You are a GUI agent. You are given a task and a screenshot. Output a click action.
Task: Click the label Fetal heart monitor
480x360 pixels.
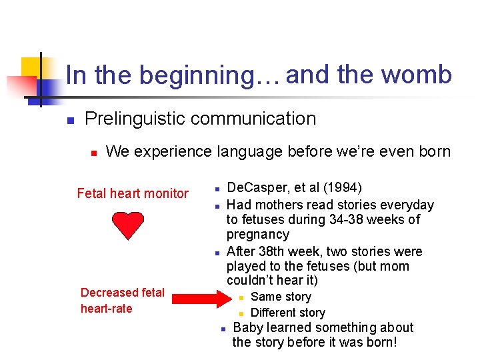click(x=133, y=194)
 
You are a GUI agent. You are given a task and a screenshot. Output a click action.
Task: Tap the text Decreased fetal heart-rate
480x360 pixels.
click(x=122, y=301)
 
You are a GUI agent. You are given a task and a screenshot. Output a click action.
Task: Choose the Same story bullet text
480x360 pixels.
click(x=281, y=297)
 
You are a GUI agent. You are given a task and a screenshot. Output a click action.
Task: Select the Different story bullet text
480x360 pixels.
click(x=287, y=313)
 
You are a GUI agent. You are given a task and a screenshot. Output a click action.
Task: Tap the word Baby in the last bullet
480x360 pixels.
click(x=249, y=327)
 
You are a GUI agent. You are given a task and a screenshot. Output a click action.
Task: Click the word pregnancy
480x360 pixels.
click(x=257, y=235)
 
